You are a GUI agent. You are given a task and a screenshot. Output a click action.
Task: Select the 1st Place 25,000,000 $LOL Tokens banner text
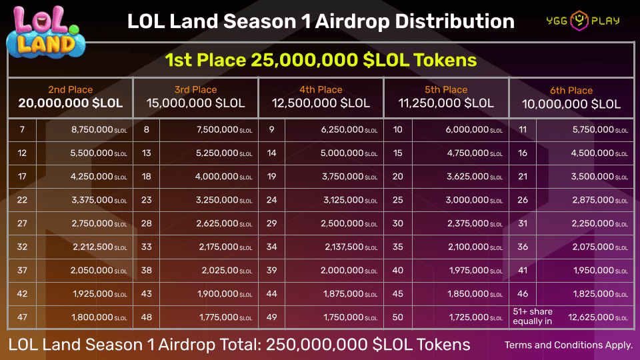pyautogui.click(x=321, y=60)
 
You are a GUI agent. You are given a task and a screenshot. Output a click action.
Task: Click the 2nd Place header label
pyautogui.click(x=70, y=89)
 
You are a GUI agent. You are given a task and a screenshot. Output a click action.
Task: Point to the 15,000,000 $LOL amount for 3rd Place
pyautogui.click(x=195, y=103)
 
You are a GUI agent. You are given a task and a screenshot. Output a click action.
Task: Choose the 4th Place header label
pyautogui.click(x=321, y=89)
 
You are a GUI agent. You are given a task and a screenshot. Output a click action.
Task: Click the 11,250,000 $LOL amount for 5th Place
pyautogui.click(x=446, y=103)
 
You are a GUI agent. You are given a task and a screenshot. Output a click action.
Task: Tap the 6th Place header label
pyautogui.click(x=571, y=90)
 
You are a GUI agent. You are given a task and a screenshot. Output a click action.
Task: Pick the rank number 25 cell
pyautogui.click(x=398, y=200)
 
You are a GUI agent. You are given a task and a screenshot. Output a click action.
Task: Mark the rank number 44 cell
pyautogui.click(x=272, y=293)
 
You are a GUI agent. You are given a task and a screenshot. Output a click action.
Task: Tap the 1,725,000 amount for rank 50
pyautogui.click(x=467, y=317)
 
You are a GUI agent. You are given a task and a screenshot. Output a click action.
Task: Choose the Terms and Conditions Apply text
pyautogui.click(x=569, y=345)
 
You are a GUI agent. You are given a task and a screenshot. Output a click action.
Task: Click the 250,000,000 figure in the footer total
pyautogui.click(x=313, y=345)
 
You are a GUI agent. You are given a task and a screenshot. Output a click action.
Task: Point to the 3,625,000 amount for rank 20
pyautogui.click(x=467, y=177)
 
